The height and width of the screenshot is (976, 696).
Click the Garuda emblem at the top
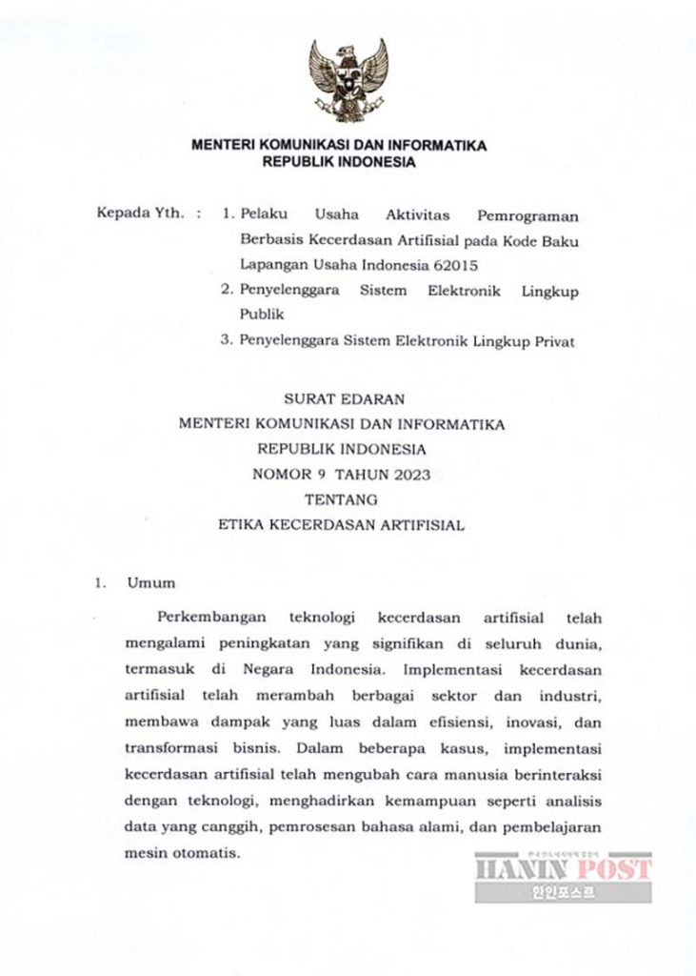tap(348, 80)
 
